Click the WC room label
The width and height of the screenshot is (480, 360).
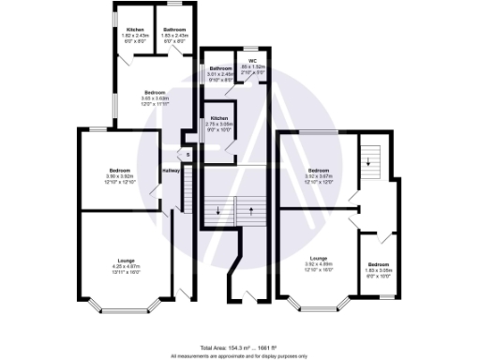252,59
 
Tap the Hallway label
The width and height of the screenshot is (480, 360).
171,171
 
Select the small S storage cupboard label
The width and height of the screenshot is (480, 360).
187,155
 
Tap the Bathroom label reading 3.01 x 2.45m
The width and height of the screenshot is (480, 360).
220,69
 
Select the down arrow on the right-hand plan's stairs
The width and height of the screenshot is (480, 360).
369,161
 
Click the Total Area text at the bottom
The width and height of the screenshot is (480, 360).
240,347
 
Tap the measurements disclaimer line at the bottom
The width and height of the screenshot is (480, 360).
240,355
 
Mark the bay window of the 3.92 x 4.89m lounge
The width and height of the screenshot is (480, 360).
317,302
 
